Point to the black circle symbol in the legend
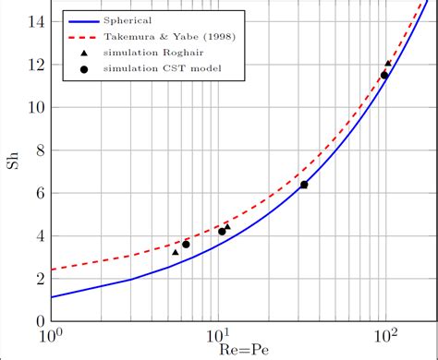coord(83,72)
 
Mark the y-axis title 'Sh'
coord(12,168)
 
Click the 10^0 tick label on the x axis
coord(52,333)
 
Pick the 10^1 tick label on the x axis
coord(219,333)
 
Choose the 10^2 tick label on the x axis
coord(386,333)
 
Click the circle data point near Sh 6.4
coord(304,185)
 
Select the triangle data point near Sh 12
coord(388,64)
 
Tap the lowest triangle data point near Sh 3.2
coord(176,252)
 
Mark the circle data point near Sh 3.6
coord(186,244)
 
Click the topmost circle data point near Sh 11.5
coord(384,75)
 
